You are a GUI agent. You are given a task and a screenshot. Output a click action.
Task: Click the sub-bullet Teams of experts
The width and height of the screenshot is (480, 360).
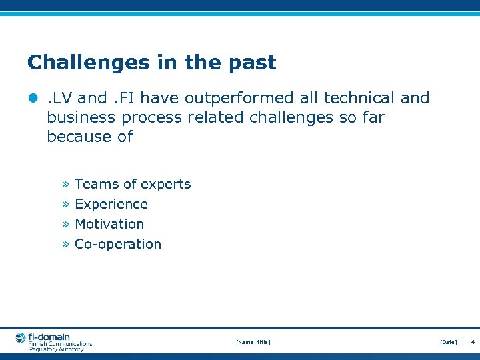point(133,184)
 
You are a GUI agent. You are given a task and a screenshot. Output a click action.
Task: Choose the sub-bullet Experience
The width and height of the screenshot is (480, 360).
point(111,204)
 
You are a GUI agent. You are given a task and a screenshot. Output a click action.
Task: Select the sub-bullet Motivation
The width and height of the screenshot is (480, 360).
point(109,224)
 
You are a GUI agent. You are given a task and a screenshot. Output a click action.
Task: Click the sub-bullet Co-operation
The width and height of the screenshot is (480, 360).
point(118,244)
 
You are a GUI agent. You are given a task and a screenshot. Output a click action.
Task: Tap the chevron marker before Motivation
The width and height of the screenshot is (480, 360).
point(66,225)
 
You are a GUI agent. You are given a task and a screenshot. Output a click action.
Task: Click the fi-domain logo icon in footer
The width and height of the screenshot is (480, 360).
point(21,338)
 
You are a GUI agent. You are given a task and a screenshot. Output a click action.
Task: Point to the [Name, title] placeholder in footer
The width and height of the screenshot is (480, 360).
point(253,342)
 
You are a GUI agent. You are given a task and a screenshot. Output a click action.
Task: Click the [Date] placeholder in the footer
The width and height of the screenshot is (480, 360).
point(448,342)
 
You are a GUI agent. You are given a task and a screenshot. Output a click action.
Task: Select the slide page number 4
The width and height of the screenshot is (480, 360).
point(472,342)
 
